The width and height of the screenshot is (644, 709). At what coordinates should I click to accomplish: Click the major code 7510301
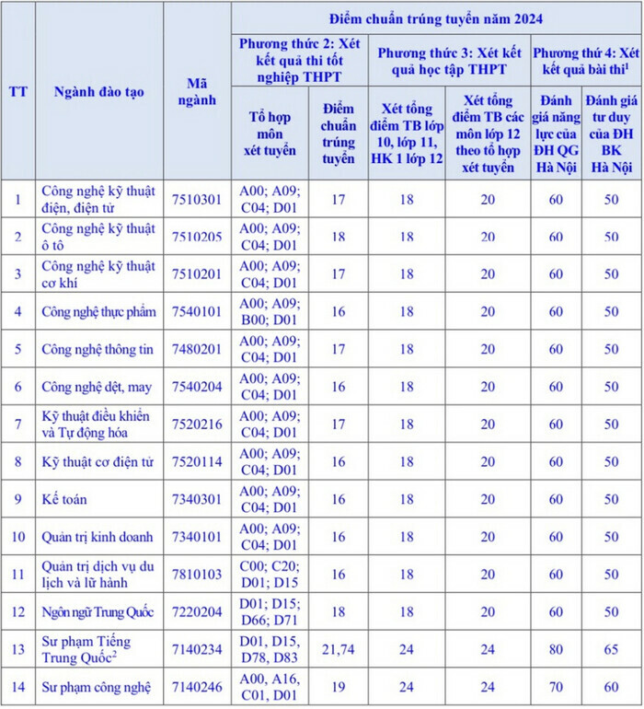coord(198,199)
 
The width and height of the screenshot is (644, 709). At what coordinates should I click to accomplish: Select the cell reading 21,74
coord(338,649)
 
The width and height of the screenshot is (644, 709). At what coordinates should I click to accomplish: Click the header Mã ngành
coord(198,91)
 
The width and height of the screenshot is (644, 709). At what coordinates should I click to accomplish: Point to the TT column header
coord(17,91)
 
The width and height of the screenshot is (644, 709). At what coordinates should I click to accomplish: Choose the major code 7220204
coord(198,611)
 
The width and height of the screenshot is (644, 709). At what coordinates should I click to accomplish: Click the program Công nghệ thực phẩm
coord(98,311)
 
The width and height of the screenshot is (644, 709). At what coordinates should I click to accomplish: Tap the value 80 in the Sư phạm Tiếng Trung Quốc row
coord(556,649)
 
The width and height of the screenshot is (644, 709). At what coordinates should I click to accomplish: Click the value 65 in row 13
coord(612,649)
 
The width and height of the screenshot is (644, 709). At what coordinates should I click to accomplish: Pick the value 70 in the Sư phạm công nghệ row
coord(556,687)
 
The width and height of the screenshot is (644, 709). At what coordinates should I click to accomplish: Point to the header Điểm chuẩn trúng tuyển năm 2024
coord(437,17)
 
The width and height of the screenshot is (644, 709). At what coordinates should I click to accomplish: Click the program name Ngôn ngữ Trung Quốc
coord(98,611)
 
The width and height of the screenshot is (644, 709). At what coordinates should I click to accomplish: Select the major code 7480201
coord(198,349)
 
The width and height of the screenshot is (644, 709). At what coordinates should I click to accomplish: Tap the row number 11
coord(17,574)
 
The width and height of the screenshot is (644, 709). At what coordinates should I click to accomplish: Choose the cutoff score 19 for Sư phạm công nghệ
coord(338,687)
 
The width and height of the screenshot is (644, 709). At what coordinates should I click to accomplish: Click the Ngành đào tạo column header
coord(98,91)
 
